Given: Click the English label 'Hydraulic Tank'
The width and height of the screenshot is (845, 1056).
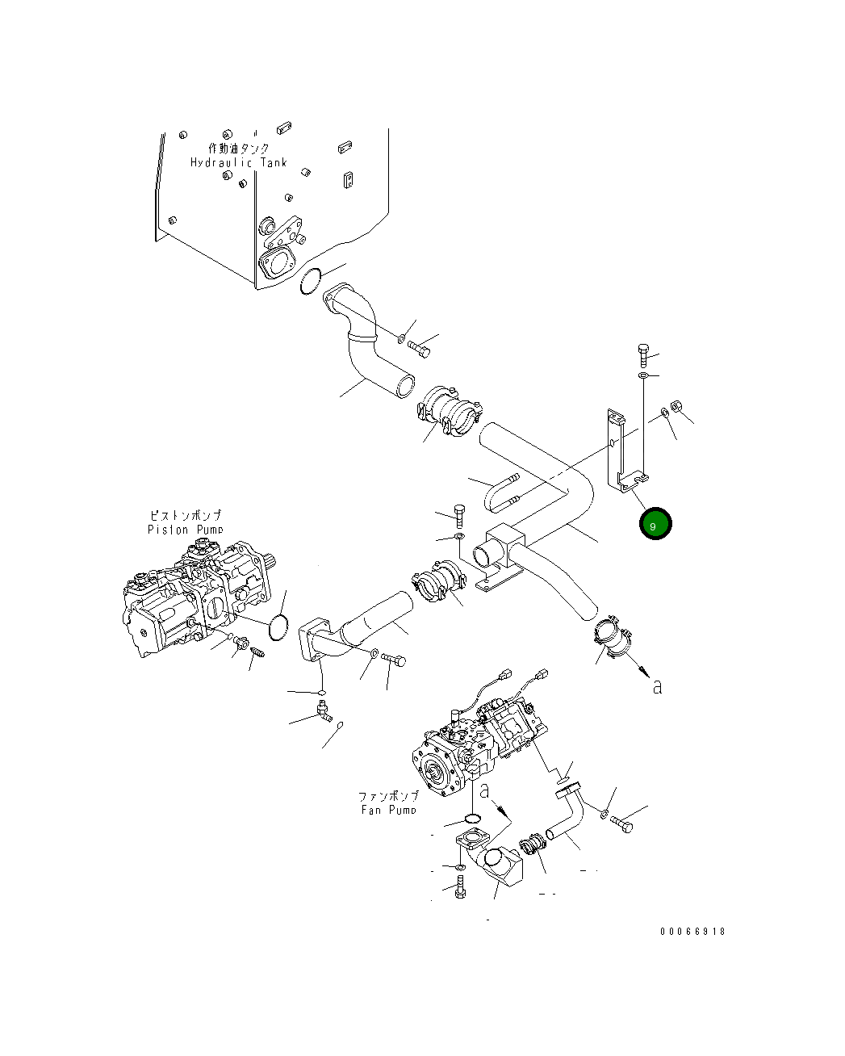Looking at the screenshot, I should click(x=238, y=163).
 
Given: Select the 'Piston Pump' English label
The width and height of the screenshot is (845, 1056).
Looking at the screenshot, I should click(x=185, y=530).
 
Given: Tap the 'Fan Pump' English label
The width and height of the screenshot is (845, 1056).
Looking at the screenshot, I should click(x=388, y=810).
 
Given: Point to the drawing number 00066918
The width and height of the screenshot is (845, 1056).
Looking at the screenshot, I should click(x=692, y=932).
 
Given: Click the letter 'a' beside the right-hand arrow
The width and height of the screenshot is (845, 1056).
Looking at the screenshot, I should click(x=658, y=687).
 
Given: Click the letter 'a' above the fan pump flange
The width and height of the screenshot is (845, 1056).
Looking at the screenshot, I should click(x=485, y=791).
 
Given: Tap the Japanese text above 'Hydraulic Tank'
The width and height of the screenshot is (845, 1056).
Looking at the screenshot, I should click(x=239, y=149).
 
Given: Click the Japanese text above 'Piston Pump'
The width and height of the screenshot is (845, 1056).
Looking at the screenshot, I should click(x=186, y=515).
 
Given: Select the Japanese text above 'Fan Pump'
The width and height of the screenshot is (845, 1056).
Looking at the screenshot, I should click(x=388, y=796).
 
